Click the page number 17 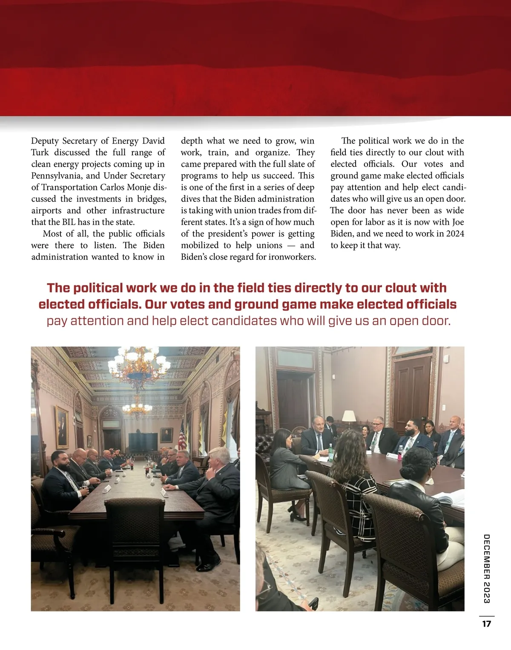click(487, 624)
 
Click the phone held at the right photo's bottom click(314, 604)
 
